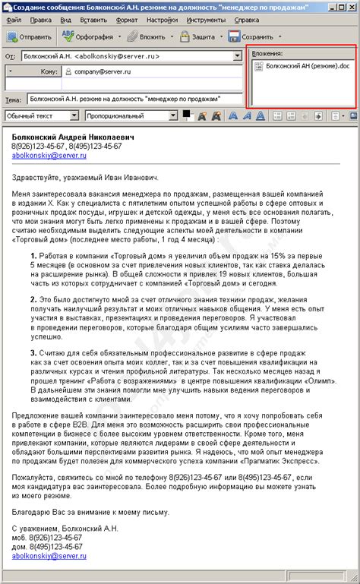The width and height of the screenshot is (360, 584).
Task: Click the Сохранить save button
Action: [254, 36]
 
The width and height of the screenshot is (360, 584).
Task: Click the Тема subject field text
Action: [125, 99]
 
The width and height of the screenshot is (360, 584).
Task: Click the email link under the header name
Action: [49, 155]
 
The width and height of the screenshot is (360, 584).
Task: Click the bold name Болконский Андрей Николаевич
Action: [73, 137]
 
